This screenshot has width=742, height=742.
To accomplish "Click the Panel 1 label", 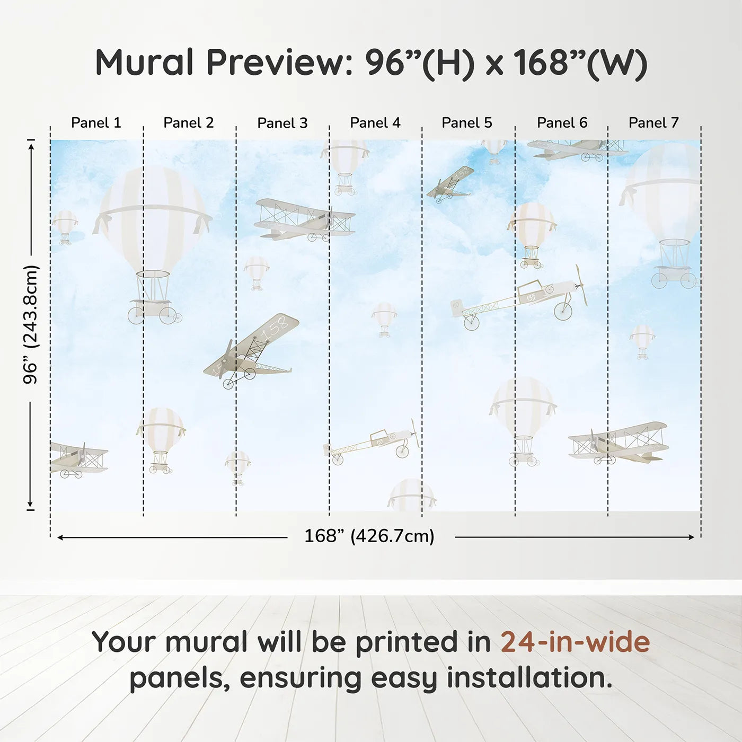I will pyautogui.click(x=96, y=123).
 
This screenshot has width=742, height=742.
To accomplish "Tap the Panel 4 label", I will pyautogui.click(x=375, y=123).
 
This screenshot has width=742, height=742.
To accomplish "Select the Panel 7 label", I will pyautogui.click(x=653, y=123).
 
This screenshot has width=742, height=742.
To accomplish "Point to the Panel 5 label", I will pyautogui.click(x=467, y=123).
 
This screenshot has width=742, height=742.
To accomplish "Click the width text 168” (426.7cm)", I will pyautogui.click(x=369, y=536).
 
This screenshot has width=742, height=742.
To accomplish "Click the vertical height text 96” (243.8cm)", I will pyautogui.click(x=31, y=324).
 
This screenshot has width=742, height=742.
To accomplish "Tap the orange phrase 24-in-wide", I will pyautogui.click(x=575, y=642).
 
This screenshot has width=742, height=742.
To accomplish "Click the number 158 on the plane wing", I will pyautogui.click(x=275, y=328).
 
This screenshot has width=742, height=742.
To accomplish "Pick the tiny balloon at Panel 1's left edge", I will pyautogui.click(x=65, y=225).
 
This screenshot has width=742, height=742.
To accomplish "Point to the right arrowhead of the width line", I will pyautogui.click(x=691, y=537).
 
